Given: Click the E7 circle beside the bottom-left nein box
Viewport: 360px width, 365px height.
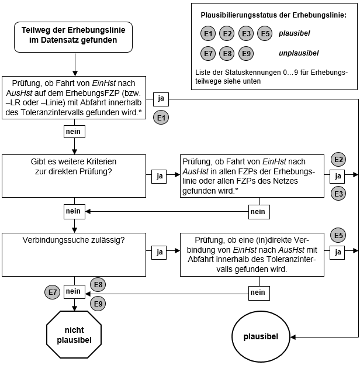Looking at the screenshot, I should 52,291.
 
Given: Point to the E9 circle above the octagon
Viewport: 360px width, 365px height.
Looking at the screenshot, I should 98,303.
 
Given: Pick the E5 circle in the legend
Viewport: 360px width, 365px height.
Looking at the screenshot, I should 265,34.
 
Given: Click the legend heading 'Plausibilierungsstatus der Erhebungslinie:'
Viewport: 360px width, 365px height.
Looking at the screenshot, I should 273,15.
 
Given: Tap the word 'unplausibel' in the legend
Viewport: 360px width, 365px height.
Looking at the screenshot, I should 299,53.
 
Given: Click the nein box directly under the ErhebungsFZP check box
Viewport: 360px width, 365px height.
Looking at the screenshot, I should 73,132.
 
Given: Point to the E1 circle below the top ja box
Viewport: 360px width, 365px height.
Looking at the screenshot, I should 162,118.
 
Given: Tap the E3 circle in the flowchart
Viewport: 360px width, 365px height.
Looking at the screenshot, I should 338,193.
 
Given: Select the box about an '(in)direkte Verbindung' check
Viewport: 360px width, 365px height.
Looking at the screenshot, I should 251,254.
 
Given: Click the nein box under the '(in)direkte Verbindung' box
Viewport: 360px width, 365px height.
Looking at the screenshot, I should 257,291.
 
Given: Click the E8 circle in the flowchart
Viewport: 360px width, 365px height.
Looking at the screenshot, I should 98,285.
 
